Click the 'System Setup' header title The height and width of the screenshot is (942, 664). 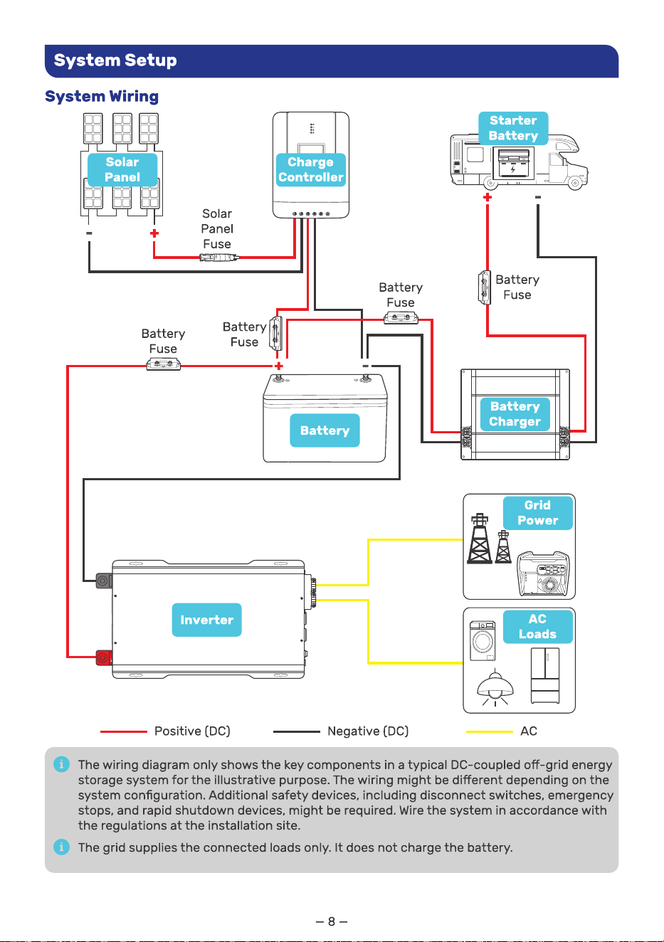[115, 60]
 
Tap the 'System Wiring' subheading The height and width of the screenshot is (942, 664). [102, 96]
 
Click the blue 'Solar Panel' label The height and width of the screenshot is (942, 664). [122, 169]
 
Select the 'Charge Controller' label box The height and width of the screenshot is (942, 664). [311, 169]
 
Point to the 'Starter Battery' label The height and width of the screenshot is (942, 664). [513, 128]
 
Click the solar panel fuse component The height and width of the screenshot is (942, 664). [219, 258]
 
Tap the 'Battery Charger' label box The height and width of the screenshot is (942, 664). [515, 414]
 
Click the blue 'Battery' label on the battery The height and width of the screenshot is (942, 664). [325, 430]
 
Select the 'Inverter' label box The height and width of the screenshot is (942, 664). [206, 620]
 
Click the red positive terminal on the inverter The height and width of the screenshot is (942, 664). [103, 657]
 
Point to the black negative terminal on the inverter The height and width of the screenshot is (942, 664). [103, 581]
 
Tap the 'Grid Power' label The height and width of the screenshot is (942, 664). [538, 513]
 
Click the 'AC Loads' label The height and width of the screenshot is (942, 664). [538, 627]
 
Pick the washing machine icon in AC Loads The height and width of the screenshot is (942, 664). [483, 640]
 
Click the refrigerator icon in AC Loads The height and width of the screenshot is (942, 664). [545, 675]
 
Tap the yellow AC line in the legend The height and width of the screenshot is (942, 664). [490, 731]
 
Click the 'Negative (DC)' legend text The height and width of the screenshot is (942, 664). [368, 731]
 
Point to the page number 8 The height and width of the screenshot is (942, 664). [332, 922]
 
